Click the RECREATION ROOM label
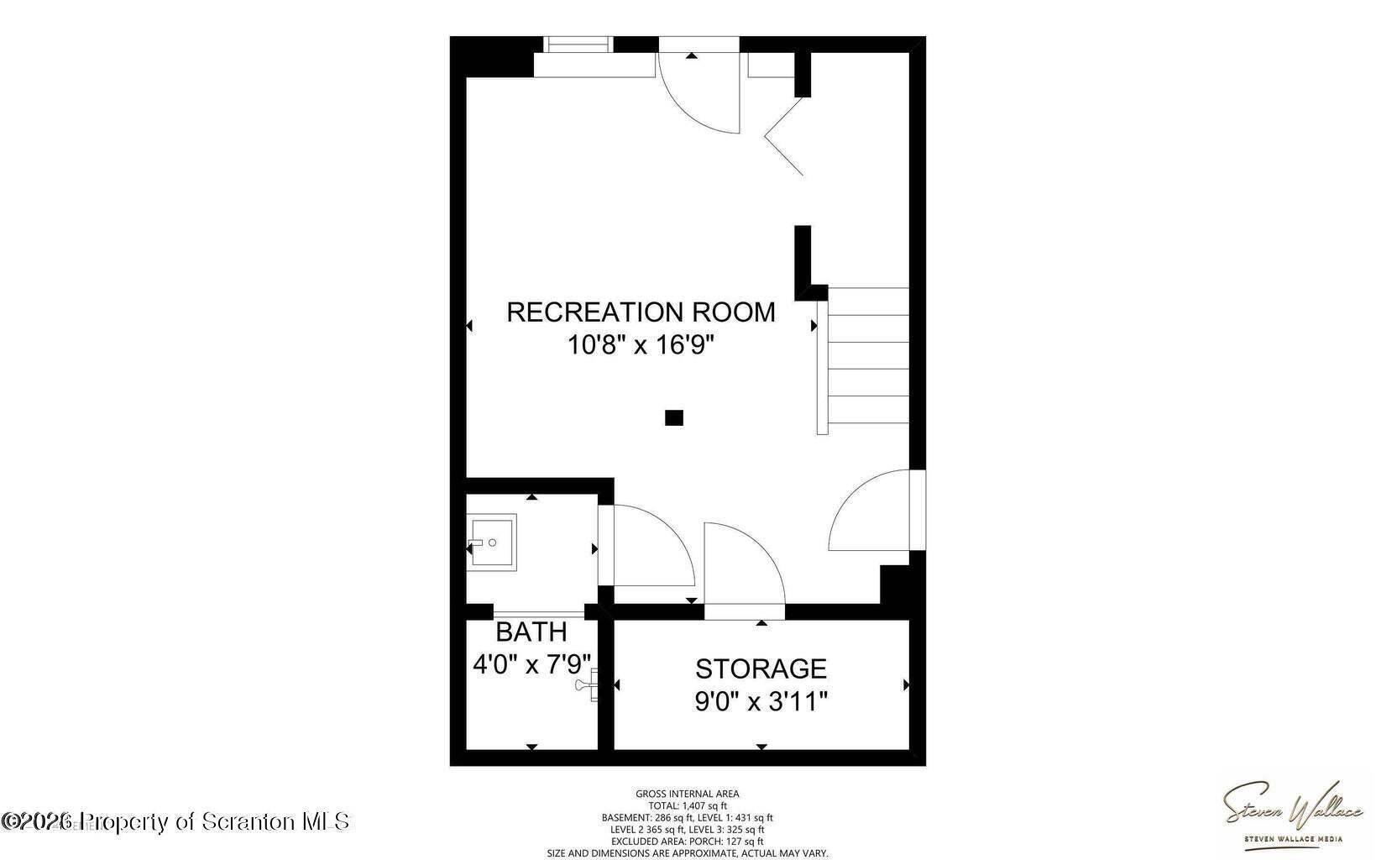point(641,312)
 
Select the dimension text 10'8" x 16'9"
point(641,344)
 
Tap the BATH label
point(531,632)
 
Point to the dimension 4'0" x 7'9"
point(532,665)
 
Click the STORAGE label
point(761,669)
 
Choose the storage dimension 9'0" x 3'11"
point(761,701)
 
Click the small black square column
point(673,417)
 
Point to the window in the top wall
point(578,45)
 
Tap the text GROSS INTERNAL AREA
point(687,794)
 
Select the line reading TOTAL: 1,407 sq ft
point(687,805)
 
